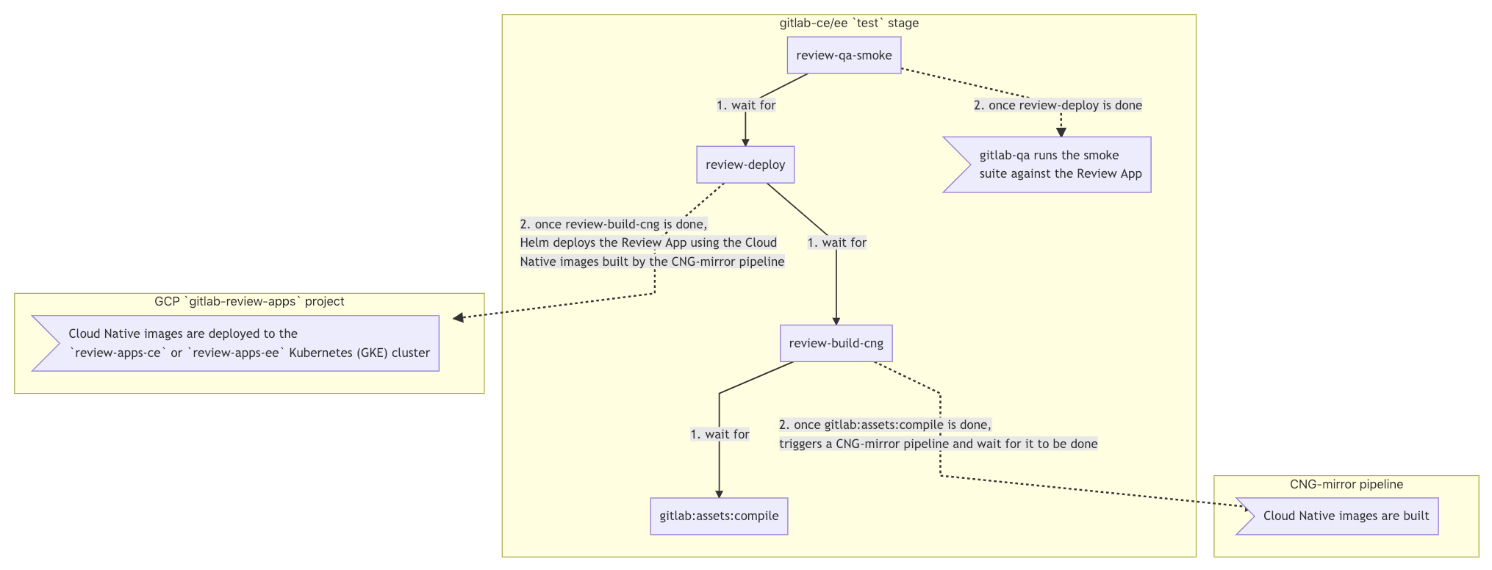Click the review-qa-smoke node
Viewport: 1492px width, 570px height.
tap(844, 56)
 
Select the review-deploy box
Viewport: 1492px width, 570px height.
tap(745, 165)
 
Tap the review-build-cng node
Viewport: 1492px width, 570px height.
tap(836, 343)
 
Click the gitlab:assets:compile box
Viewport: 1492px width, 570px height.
tap(719, 516)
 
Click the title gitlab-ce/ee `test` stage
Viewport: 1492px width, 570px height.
tap(849, 23)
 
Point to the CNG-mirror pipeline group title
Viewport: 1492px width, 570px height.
tap(1346, 484)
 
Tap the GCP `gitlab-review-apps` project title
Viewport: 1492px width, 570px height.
tap(249, 301)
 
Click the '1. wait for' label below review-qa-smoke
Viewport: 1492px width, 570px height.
tap(746, 105)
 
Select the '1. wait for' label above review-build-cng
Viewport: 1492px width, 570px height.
tap(836, 242)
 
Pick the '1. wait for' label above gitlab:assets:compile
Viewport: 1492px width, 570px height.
tap(720, 434)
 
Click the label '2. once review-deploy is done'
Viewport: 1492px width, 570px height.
tap(1058, 105)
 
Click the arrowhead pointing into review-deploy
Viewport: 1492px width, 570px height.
tap(745, 142)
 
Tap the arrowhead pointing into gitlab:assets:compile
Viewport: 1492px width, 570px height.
tap(719, 494)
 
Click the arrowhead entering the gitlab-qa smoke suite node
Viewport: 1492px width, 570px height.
tap(1061, 132)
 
